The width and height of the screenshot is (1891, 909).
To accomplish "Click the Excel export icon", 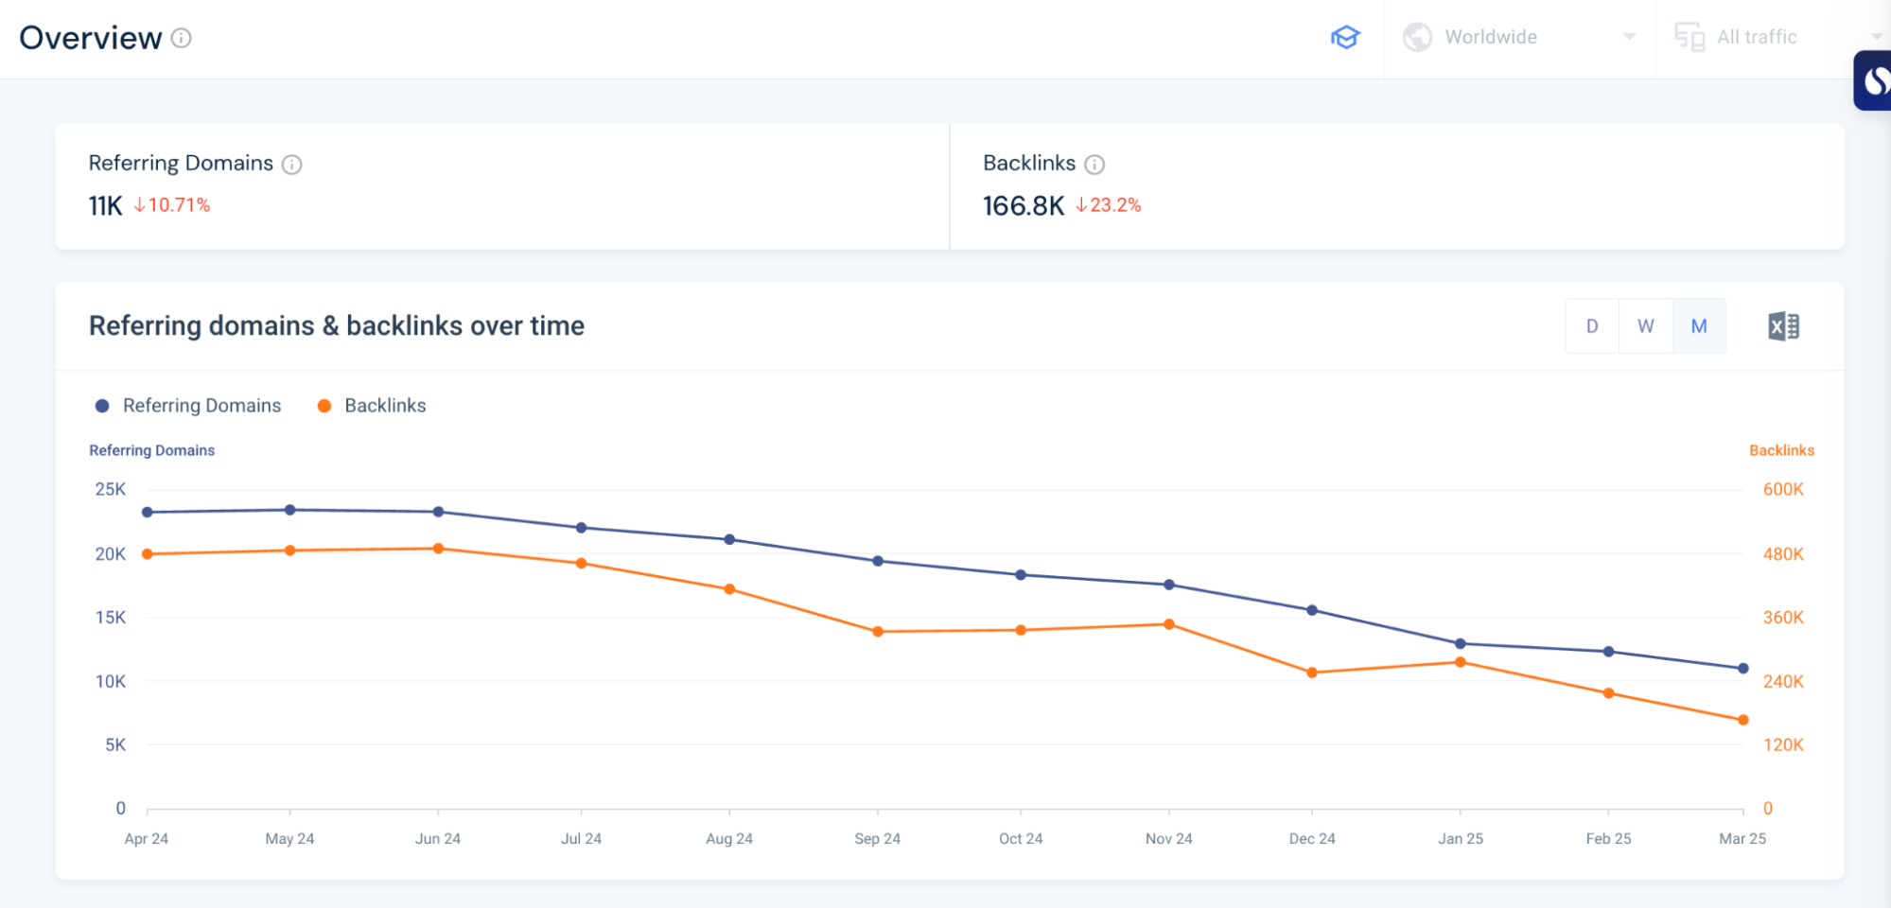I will point(1783,326).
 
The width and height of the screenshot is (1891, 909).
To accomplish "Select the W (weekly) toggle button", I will point(1646,326).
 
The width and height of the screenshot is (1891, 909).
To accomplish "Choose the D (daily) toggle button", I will point(1592,326).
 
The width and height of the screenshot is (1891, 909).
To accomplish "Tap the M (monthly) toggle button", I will point(1699,326).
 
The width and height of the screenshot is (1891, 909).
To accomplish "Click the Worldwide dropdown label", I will point(1491,37).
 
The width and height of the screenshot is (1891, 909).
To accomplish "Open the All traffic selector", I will point(1757,37).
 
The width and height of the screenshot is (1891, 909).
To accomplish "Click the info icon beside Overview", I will point(181,38).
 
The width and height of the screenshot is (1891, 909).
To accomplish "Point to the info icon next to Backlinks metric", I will point(1094,165).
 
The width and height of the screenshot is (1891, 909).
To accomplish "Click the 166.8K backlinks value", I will point(1024,205).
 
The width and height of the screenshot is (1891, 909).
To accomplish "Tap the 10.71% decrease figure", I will point(178,205).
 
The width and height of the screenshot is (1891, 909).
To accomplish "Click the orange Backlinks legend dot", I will point(324,406).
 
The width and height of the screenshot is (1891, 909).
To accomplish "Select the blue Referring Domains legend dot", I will point(102,406).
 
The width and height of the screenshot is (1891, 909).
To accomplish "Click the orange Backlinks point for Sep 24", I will point(878,631).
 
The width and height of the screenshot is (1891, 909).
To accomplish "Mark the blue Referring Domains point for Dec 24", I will point(1312,610).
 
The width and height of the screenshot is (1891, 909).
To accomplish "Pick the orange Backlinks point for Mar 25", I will point(1743,720).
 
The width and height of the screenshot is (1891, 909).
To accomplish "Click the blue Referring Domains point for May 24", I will point(290,510).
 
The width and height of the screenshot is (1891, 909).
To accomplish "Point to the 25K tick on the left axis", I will point(110,489).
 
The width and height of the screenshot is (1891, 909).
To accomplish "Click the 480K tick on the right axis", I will point(1783,554).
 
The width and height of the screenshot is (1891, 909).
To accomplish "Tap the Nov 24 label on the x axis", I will point(1169,838).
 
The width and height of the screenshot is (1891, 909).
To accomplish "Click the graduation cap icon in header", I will point(1345,37).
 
